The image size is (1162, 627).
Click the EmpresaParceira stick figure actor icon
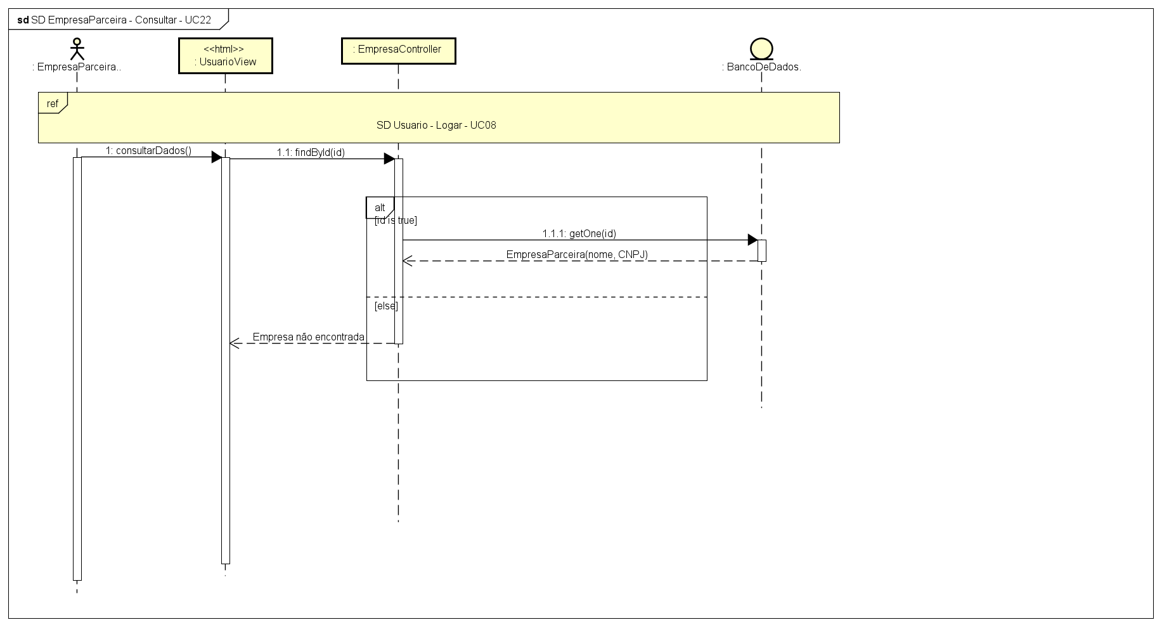(77, 49)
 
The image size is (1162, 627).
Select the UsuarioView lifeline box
(225, 56)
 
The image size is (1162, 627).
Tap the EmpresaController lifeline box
(398, 50)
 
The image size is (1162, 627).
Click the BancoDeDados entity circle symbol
(761, 49)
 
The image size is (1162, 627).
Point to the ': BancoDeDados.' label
(761, 67)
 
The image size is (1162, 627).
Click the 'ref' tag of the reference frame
(53, 103)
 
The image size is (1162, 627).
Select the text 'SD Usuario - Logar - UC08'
(436, 126)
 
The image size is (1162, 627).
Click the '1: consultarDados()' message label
(148, 151)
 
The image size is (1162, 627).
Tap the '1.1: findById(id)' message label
(311, 153)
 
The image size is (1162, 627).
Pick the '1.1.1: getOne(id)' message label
(579, 234)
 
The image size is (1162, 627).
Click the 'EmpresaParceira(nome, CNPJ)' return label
(577, 255)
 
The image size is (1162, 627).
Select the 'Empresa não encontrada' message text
(308, 337)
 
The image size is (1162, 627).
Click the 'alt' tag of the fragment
(380, 208)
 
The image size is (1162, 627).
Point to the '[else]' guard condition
(386, 306)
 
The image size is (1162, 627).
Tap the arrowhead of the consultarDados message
(216, 157)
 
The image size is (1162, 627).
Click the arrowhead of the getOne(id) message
(752, 240)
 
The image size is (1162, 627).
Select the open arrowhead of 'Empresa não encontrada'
(234, 344)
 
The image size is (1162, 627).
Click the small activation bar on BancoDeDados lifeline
(761, 250)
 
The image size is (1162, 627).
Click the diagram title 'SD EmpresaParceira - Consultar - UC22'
(121, 20)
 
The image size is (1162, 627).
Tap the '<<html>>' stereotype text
(224, 49)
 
